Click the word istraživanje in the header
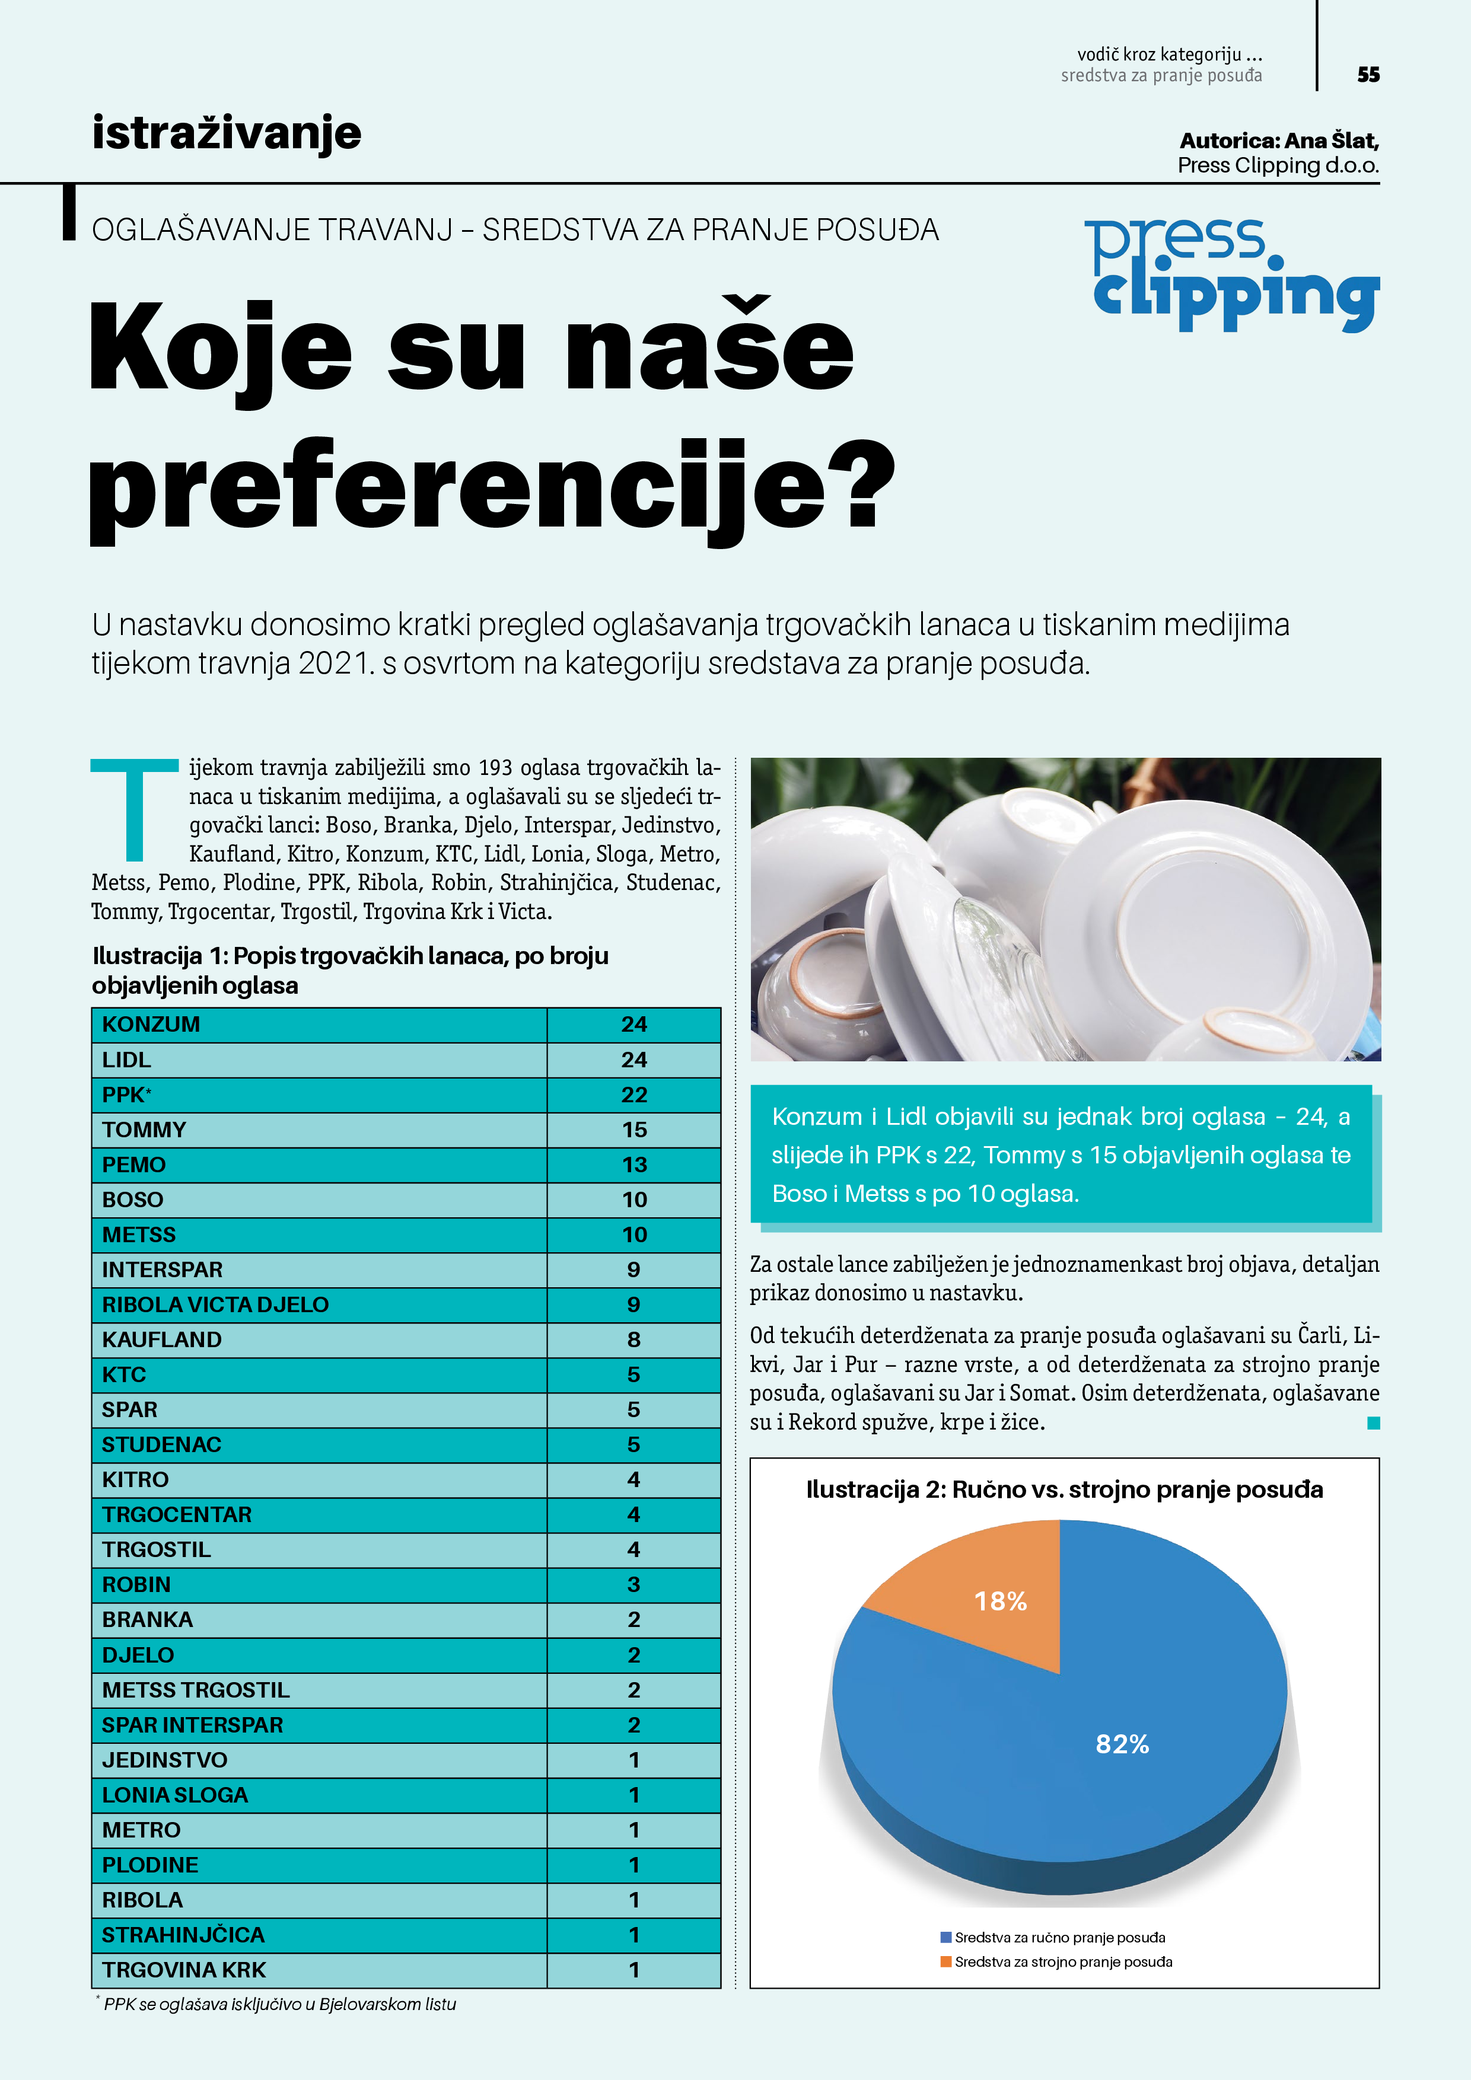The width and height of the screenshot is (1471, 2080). tap(227, 133)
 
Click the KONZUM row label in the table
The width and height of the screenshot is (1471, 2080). tap(151, 1025)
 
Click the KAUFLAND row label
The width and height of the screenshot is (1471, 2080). tap(161, 1340)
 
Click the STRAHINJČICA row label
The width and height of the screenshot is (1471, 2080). tap(183, 1935)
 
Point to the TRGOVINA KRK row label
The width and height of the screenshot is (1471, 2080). tap(184, 1970)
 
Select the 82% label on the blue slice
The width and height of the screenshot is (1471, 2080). tap(1122, 1744)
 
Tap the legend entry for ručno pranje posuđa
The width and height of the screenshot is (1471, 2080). tap(1059, 1938)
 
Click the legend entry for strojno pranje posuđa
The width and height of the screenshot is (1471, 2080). tap(1062, 1962)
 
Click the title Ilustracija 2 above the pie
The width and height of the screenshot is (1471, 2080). tap(1064, 1490)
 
